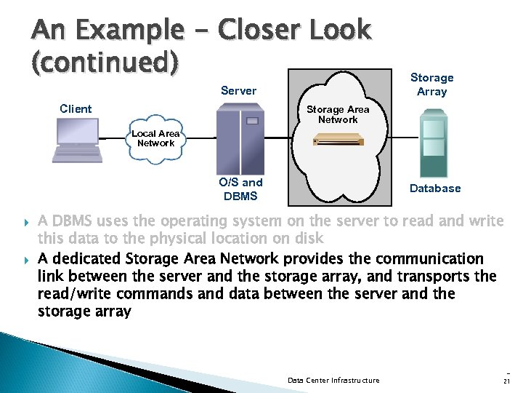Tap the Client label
point(76,109)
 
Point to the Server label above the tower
point(238,91)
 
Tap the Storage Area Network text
point(338,114)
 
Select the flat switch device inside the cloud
point(338,141)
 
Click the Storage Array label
point(431,84)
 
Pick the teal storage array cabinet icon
point(433,145)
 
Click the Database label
point(434,188)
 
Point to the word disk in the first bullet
point(307,239)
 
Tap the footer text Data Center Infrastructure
point(333,380)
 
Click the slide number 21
point(506,380)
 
